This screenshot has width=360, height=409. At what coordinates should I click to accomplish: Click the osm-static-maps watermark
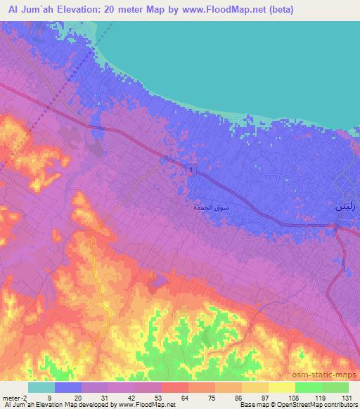tap(328, 375)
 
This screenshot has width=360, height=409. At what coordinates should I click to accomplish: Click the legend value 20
tap(82, 397)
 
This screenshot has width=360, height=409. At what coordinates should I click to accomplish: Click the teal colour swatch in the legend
tap(41, 387)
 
